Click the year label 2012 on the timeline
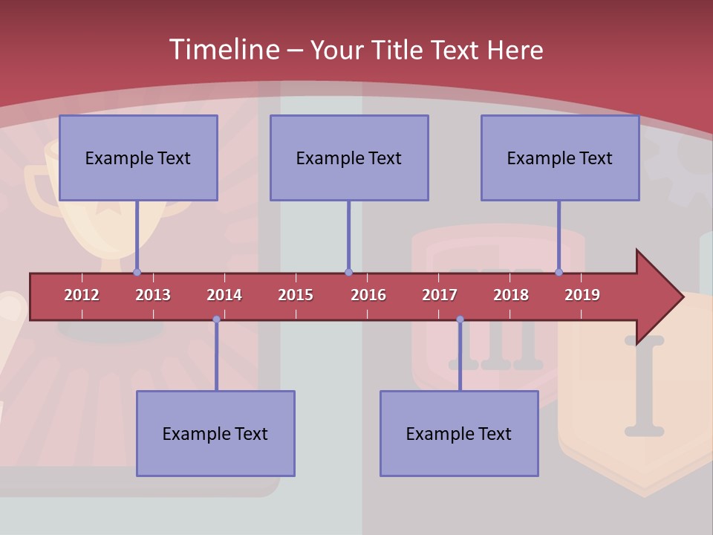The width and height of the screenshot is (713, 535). (82, 295)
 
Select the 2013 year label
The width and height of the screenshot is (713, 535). (153, 295)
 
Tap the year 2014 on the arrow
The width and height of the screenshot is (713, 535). (224, 295)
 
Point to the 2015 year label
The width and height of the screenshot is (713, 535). (296, 295)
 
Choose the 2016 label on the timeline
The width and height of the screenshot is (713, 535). (368, 295)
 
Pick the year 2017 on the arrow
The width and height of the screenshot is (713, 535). (440, 295)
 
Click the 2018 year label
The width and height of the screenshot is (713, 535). (511, 295)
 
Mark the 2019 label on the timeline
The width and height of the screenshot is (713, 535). (582, 295)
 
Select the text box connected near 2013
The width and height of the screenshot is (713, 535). (138, 158)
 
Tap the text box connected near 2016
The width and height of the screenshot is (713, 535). (349, 158)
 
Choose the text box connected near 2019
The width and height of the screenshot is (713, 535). (560, 158)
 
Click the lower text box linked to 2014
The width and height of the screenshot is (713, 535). (215, 433)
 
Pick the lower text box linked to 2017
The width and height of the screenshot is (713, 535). (459, 433)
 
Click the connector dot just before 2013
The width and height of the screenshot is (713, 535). (137, 273)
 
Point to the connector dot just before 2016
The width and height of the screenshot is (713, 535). (348, 273)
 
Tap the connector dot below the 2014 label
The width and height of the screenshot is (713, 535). (216, 320)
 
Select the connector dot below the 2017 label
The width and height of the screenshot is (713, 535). (460, 320)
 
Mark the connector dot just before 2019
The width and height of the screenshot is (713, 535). (559, 273)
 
